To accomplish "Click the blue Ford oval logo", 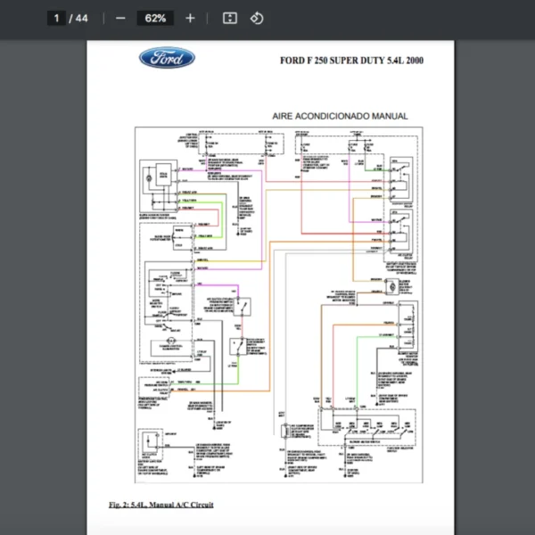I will [x=167, y=59].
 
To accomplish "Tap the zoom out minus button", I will [x=120, y=18].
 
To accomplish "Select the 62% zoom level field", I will [x=155, y=18].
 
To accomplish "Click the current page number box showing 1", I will [x=56, y=18].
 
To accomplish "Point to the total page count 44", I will [x=81, y=18].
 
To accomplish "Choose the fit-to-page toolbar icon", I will [x=229, y=18].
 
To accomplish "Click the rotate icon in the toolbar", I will [x=257, y=18].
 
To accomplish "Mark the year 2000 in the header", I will [x=413, y=62].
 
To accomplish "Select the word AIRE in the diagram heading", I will [x=284, y=116].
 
